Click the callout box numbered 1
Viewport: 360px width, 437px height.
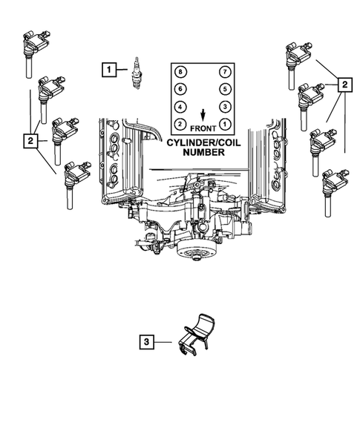pyautogui.click(x=109, y=70)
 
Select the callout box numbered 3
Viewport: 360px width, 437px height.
pyautogui.click(x=147, y=342)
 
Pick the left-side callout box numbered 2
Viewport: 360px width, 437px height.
pyautogui.click(x=30, y=139)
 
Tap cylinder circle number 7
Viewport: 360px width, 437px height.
pyautogui.click(x=224, y=72)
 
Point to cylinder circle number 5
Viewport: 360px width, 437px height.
pyautogui.click(x=224, y=89)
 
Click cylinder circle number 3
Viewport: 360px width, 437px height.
pyautogui.click(x=224, y=106)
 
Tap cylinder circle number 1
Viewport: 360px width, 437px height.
pyautogui.click(x=224, y=123)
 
